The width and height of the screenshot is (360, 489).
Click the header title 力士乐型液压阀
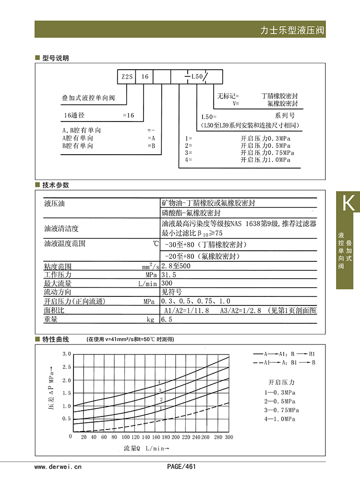(292, 30)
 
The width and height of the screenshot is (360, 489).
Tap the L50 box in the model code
(197, 77)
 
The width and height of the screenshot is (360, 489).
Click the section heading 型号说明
(56, 58)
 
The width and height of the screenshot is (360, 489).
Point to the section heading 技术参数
(56, 185)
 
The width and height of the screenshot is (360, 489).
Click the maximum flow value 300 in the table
(168, 283)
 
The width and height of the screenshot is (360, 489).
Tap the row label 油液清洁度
(61, 228)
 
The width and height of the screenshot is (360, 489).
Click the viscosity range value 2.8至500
(176, 266)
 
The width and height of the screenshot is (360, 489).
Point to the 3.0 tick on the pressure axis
(67, 354)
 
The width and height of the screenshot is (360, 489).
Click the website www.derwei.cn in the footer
(58, 466)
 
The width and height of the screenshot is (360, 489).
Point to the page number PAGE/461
(181, 466)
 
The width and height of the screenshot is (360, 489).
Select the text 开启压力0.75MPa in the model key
(265, 152)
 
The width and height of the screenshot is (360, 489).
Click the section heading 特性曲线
(56, 340)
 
